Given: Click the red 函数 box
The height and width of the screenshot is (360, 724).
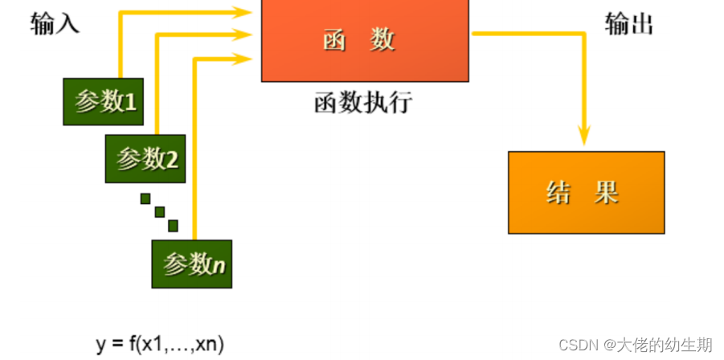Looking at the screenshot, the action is pyautogui.click(x=365, y=40).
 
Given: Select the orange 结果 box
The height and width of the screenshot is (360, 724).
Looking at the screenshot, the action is pyautogui.click(x=586, y=192).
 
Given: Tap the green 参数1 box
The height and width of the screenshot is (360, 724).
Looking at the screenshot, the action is pyautogui.click(x=104, y=101).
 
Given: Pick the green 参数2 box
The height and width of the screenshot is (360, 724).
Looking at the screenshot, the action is pyautogui.click(x=145, y=158).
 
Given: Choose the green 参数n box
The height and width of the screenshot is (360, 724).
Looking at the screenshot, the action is pyautogui.click(x=192, y=264).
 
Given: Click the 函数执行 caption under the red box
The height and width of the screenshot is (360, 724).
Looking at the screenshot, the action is pyautogui.click(x=362, y=102).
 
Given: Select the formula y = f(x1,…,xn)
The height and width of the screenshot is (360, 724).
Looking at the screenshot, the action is pyautogui.click(x=160, y=344).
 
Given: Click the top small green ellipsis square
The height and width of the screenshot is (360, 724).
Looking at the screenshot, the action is pyautogui.click(x=145, y=198).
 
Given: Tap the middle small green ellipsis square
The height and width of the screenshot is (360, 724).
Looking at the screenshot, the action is pyautogui.click(x=159, y=212).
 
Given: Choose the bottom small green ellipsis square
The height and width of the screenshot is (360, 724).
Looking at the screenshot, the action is pyautogui.click(x=173, y=226).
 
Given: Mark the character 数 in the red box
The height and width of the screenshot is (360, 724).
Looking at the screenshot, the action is pyautogui.click(x=383, y=40).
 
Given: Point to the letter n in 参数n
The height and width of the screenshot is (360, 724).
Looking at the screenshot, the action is pyautogui.click(x=219, y=264).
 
